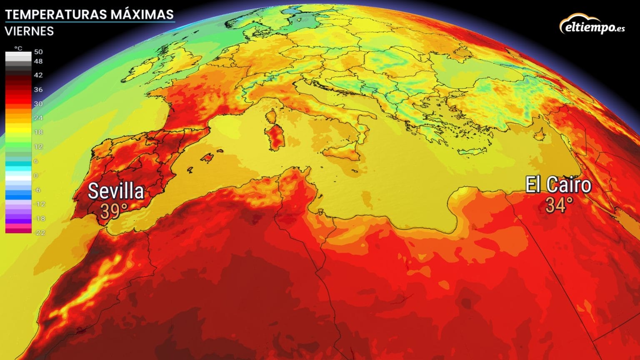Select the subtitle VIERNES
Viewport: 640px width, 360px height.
(x=29, y=31)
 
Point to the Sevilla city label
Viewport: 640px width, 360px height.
(x=116, y=191)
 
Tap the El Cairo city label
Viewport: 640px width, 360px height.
(x=558, y=185)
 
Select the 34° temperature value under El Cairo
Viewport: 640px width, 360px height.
(x=560, y=205)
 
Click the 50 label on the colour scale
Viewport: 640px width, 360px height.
(x=38, y=52)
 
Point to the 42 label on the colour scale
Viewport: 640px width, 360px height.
(x=38, y=75)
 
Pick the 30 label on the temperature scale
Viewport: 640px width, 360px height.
(x=38, y=104)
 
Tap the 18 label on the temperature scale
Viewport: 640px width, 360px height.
(x=38, y=132)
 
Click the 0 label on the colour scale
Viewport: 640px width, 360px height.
(x=36, y=175)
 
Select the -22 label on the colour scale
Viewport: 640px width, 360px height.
(x=40, y=232)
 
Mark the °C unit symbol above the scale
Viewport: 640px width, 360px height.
(x=18, y=48)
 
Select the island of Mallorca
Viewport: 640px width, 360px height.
(x=207, y=157)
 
